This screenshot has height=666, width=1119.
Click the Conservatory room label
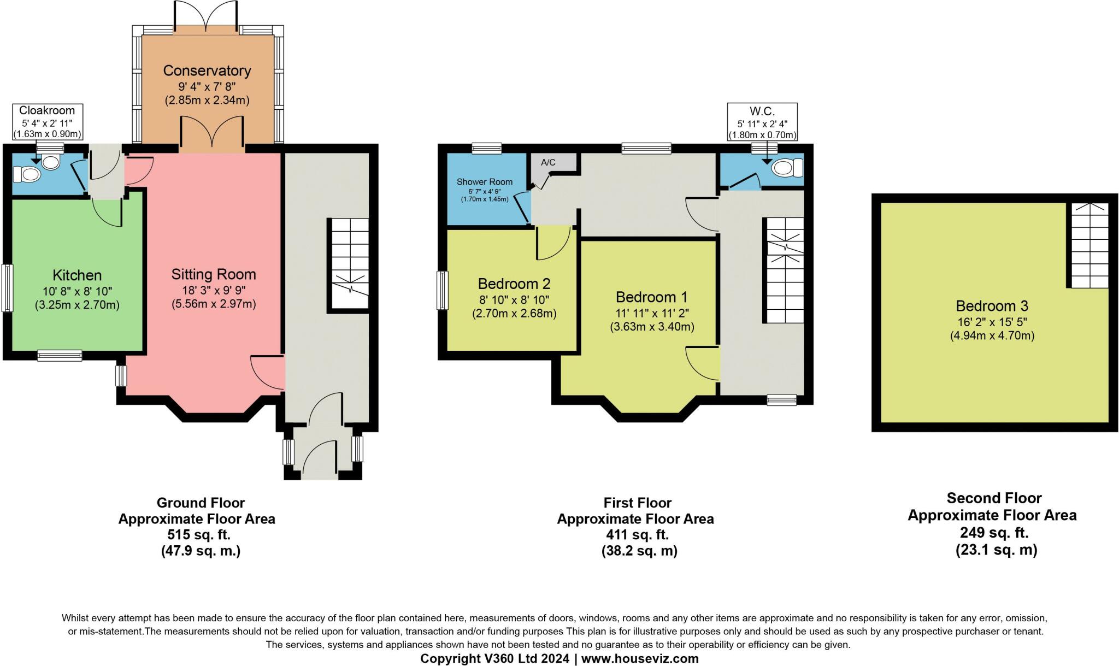pos(207,70)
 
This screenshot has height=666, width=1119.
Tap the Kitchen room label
pos(77,275)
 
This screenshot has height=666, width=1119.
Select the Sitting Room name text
pos(214,274)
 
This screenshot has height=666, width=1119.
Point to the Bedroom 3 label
pos(992,306)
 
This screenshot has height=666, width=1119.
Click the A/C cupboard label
pos(548,162)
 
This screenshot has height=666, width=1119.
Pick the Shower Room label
pos(485,182)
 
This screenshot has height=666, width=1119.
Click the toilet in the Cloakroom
pos(38,169)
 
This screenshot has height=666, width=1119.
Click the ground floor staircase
pos(348,266)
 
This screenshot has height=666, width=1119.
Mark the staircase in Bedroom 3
pos(1088,245)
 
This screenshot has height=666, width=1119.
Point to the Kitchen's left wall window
pos(7,288)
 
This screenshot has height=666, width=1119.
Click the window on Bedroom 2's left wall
pos(443,291)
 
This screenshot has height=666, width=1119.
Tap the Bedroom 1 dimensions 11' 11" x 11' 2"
pos(652,313)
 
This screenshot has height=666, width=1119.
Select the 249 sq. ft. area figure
pos(994,532)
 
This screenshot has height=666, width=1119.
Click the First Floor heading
pos(638,503)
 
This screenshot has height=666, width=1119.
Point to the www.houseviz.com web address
pos(640,658)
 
